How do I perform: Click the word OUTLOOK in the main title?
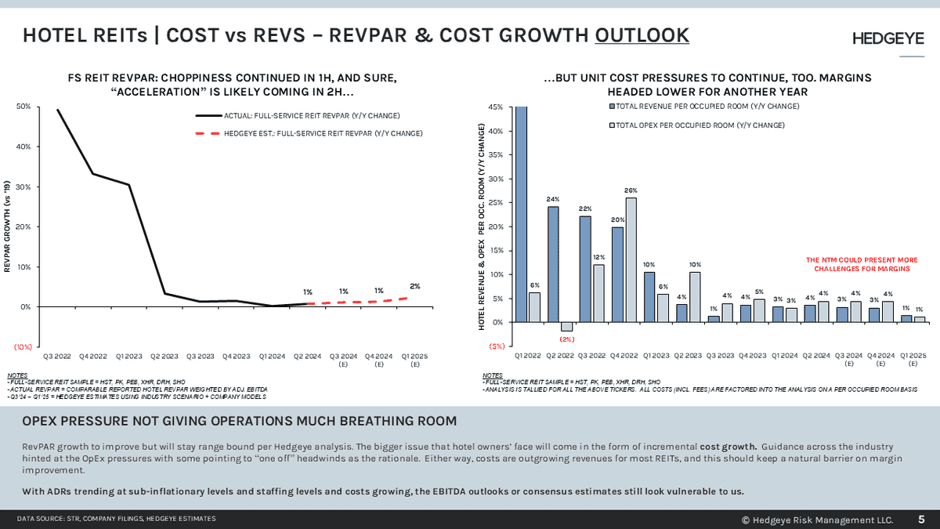click(642, 35)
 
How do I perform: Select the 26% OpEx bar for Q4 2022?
click(631, 259)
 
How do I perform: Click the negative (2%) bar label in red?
click(567, 339)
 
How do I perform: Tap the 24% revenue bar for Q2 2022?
click(553, 264)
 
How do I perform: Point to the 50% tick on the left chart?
click(23, 107)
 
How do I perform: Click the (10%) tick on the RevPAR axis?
click(22, 346)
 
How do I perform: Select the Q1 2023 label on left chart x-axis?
click(129, 356)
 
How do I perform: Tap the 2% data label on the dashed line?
click(414, 286)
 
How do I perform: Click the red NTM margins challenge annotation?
click(862, 264)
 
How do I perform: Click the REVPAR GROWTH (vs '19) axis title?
click(8, 227)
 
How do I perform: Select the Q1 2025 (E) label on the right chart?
click(913, 359)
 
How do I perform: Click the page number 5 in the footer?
click(920, 519)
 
